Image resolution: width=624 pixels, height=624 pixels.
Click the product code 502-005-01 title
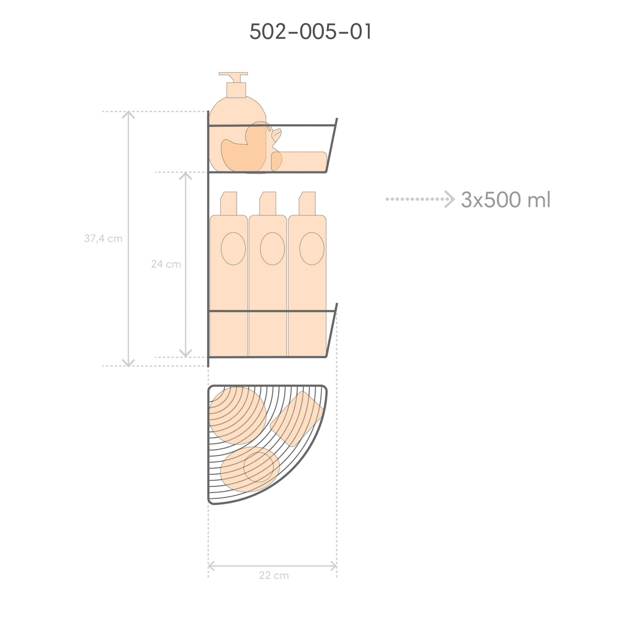(310, 31)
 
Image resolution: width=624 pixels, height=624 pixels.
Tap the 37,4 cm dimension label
(103, 239)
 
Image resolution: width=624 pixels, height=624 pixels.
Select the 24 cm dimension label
(166, 264)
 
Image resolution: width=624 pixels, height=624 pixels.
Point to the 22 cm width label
(274, 575)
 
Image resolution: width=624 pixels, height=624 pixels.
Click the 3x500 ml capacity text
(506, 199)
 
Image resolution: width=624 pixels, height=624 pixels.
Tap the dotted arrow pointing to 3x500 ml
(420, 199)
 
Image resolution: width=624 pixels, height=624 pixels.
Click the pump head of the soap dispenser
(233, 77)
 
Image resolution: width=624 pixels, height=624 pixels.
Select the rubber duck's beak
(277, 135)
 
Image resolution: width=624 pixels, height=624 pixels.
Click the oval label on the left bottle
(233, 249)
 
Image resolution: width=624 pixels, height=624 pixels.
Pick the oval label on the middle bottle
(272, 249)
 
